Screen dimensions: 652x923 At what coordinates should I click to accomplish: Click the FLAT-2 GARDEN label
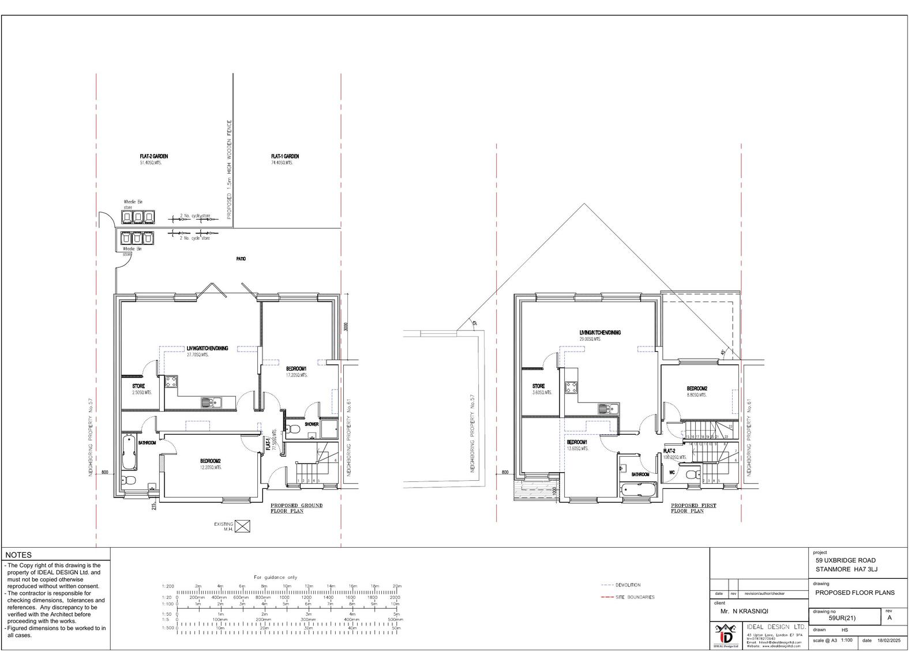click(153, 156)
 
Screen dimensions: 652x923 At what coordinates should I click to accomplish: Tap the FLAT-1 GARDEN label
click(285, 156)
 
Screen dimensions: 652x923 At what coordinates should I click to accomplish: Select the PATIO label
click(241, 259)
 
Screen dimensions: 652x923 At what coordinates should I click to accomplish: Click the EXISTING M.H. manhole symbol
click(243, 526)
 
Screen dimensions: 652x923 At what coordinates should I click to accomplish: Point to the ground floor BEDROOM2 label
click(211, 461)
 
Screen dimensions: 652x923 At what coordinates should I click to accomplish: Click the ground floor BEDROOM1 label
click(297, 368)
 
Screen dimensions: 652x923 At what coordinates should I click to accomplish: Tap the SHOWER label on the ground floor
click(312, 424)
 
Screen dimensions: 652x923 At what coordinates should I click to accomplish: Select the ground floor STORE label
click(138, 386)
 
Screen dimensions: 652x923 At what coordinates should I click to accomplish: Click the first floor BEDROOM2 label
click(697, 388)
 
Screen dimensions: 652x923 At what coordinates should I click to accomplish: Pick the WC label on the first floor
click(671, 473)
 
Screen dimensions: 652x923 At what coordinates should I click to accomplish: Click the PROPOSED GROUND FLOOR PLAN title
click(297, 508)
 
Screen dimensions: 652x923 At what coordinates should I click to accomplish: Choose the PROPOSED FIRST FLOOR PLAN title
click(693, 508)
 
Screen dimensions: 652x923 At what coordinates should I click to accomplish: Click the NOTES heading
click(18, 555)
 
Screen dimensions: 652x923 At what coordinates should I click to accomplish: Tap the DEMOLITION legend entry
click(628, 585)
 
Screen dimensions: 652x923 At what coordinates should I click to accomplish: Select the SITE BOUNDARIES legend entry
click(635, 597)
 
